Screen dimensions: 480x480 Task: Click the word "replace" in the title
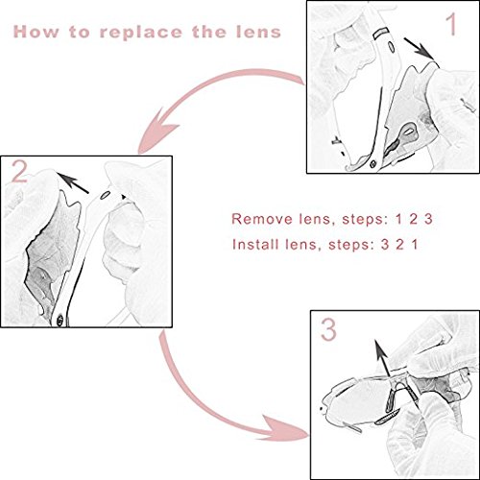click(140, 32)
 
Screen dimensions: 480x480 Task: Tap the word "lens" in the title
click(258, 32)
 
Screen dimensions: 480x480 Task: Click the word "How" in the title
click(36, 32)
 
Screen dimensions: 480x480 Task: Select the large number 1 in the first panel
click(451, 25)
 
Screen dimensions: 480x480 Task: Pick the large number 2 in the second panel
click(19, 171)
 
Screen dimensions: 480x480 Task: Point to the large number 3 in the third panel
click(328, 330)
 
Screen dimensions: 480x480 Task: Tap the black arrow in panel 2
click(73, 183)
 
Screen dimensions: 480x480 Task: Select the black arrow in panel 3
click(382, 358)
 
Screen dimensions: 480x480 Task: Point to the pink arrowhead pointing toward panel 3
click(285, 429)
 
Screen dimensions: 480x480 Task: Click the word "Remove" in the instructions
click(262, 219)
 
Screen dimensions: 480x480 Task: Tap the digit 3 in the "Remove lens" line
click(428, 219)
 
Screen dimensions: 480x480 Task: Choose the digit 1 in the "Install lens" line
click(415, 245)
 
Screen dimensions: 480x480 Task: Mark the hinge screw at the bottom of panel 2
click(60, 320)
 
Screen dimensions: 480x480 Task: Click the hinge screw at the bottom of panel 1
click(372, 164)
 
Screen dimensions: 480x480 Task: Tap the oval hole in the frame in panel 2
click(105, 195)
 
